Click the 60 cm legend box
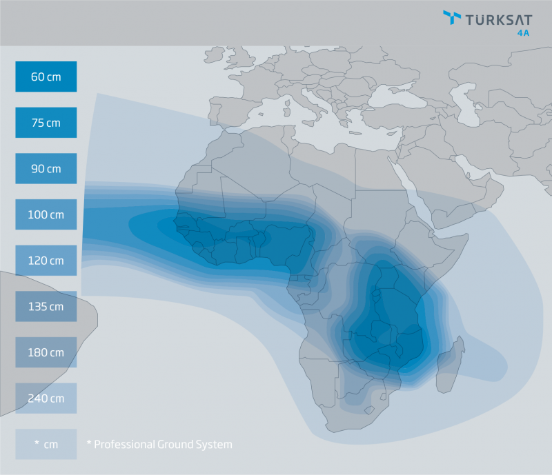(46, 77)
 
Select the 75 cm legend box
(46, 123)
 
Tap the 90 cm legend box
(46, 168)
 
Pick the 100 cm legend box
(46, 214)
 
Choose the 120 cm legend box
(46, 261)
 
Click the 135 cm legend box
(46, 306)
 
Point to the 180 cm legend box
(46, 352)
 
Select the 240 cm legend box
(46, 398)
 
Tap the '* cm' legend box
(46, 445)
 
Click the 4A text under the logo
(525, 31)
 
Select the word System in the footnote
(215, 445)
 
